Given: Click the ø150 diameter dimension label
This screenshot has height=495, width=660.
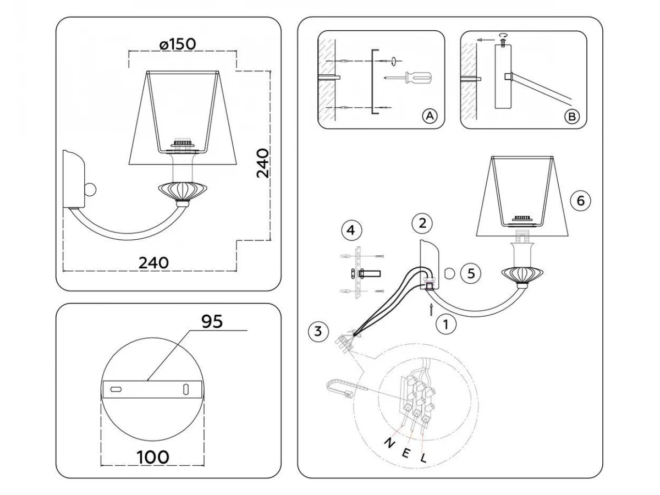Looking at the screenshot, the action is point(178,44).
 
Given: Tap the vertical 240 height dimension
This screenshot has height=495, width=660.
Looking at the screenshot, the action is point(262,163).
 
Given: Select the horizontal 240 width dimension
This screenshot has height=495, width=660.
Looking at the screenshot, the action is point(153,263).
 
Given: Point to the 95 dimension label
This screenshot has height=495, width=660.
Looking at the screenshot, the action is point(212,321).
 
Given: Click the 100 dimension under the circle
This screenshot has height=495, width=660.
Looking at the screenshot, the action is point(153,457).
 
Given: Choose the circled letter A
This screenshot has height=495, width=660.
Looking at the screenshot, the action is point(430,116).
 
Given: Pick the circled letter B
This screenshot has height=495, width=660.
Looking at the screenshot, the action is point(572,116).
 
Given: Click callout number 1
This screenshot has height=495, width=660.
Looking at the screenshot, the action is point(446,324).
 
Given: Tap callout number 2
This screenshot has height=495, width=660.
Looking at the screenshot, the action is point(422,223).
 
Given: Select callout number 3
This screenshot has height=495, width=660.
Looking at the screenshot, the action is point(318,332).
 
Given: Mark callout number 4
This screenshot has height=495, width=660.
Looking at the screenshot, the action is point(351,230).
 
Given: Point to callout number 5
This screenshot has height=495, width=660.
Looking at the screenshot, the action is point(471,273).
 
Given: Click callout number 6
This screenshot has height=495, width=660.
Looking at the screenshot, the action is point(581,200).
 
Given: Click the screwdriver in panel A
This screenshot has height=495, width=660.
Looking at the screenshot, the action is point(408,78).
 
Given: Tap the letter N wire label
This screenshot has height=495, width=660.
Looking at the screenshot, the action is point(389,443).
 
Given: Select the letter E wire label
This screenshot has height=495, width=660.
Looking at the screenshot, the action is point(405,454).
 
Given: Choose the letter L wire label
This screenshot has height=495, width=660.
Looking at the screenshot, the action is point(424,458).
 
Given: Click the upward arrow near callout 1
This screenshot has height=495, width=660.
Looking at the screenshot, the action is point(432,309).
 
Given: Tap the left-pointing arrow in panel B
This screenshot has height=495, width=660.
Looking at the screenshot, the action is point(486,40).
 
